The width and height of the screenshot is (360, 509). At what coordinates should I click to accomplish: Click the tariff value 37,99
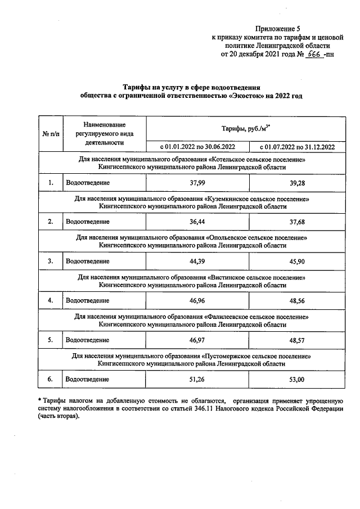point(197,182)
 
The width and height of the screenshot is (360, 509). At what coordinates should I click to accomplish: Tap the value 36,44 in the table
point(197,222)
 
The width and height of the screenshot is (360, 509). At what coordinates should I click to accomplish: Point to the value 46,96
point(197,301)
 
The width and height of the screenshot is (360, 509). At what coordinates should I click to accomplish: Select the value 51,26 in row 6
point(197,380)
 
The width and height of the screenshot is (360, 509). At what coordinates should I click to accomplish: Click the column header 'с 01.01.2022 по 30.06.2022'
point(197,147)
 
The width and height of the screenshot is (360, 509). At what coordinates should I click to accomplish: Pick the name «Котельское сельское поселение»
point(255,160)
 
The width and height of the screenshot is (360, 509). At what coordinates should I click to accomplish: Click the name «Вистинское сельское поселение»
point(256,278)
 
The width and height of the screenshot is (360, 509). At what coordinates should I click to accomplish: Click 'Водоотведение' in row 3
point(88,261)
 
